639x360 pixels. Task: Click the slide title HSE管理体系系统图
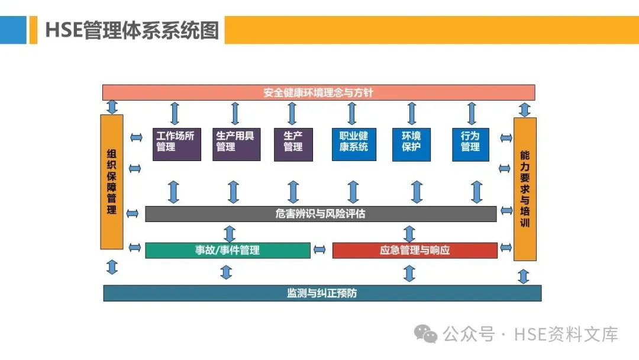132,30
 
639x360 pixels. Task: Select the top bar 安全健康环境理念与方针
318,92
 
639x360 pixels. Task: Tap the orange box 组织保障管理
112,181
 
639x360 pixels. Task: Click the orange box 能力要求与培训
525,189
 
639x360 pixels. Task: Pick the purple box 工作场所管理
176,144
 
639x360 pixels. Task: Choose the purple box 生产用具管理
236,144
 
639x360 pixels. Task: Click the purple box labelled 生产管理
293,144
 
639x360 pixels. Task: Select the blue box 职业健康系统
354,144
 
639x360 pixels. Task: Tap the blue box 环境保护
411,144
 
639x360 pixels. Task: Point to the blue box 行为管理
470,144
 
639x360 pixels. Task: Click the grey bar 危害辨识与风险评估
321,214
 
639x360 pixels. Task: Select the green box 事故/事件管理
228,250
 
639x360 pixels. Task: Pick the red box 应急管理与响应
415,250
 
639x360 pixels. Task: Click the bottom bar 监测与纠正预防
322,293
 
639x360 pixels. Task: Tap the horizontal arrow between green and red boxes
320,250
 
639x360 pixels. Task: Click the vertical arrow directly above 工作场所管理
175,113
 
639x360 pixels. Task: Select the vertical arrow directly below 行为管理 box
477,191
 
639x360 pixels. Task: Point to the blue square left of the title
13,30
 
